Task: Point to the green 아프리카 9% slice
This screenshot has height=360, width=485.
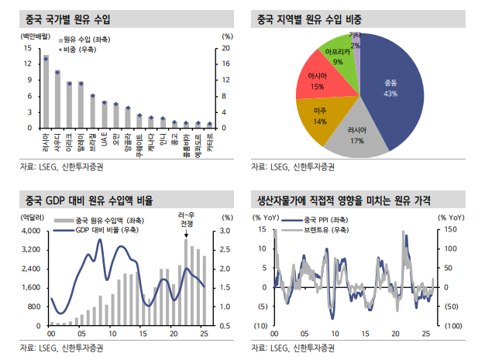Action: (x=338, y=54)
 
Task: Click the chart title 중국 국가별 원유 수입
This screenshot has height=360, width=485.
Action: (x=58, y=18)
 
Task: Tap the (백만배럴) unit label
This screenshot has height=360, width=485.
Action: (x=29, y=36)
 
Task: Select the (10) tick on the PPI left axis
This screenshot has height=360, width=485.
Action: (x=260, y=325)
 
